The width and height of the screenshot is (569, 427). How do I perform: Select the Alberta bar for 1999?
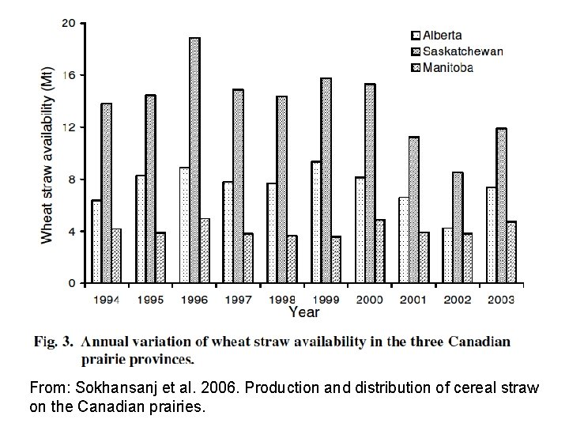(315, 222)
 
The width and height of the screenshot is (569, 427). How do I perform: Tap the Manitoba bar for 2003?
(511, 252)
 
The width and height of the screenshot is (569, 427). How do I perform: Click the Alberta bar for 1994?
(96, 241)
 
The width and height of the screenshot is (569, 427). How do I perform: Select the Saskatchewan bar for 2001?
(413, 210)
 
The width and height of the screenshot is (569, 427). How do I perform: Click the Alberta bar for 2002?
(447, 255)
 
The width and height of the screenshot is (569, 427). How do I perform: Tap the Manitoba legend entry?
(442, 67)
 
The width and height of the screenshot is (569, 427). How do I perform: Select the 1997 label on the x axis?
(238, 300)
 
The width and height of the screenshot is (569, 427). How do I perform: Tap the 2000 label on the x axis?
(369, 300)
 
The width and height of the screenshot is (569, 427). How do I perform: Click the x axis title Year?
(303, 312)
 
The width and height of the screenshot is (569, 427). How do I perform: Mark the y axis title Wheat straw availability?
(48, 155)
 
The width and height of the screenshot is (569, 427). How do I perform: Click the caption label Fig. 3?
(54, 342)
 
